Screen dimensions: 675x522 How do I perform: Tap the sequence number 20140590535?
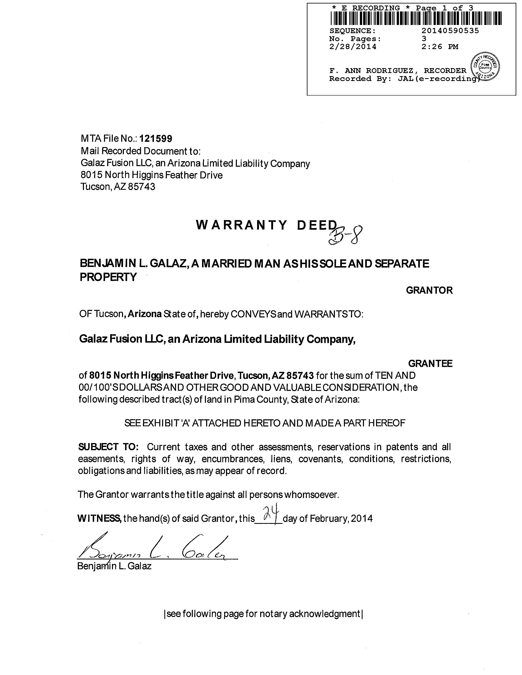(x=450, y=31)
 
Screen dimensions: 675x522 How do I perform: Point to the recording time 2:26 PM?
(x=440, y=47)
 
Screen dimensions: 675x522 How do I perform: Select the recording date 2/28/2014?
(x=353, y=47)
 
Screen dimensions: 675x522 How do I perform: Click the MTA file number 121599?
(x=156, y=139)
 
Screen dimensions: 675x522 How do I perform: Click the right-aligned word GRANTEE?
(x=430, y=363)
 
